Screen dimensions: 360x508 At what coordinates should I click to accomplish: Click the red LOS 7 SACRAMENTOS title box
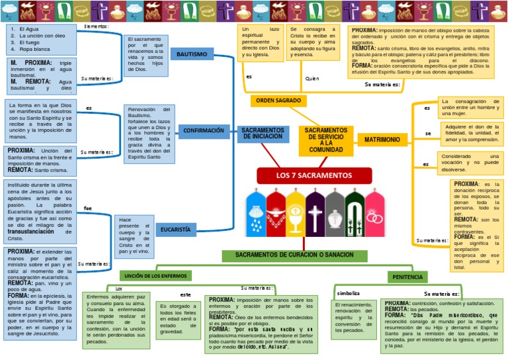pos(314,175)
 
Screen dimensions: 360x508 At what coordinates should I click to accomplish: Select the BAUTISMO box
pos(191,54)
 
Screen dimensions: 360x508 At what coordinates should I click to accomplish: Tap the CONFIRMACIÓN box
pos(203,130)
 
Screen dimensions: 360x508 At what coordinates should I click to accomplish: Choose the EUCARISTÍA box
pos(175,229)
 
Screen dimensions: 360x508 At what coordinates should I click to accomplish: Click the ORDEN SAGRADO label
pos(278,101)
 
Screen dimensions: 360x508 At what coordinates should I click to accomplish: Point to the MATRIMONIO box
pos(382,140)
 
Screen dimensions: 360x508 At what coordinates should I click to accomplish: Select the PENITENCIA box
pos(407,275)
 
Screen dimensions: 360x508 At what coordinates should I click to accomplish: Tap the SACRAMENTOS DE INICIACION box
pos(263,133)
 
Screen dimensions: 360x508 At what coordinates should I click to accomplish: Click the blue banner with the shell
pos(255,213)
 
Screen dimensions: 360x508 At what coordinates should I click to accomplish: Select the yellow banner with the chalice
pos(295,213)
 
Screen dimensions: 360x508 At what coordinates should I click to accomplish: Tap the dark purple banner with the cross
pos(316,213)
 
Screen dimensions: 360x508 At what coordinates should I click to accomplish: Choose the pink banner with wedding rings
pos(375,213)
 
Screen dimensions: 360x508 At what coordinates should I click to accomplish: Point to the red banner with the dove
pos(275,213)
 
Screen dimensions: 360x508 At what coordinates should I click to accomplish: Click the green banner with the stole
pos(355,213)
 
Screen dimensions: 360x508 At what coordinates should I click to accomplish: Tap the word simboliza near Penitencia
pos(349,292)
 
